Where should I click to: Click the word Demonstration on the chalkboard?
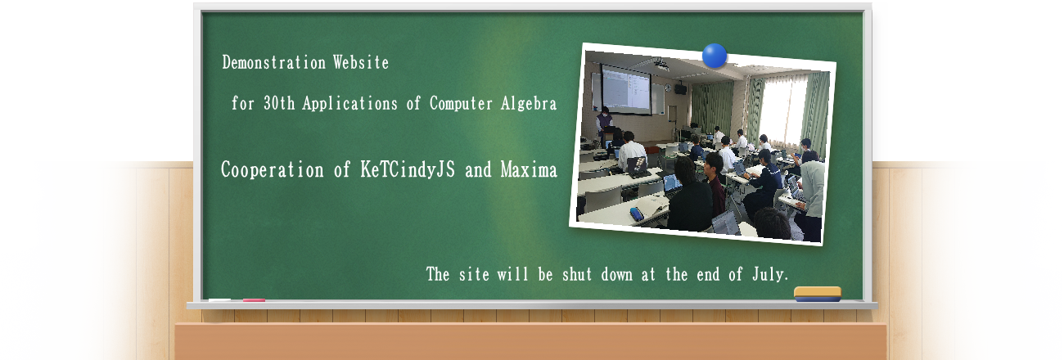[273, 62]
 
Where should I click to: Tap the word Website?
[361, 62]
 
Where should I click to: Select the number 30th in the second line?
[279, 103]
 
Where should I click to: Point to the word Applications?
[349, 104]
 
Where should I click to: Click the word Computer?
[461, 104]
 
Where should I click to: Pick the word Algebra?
[528, 104]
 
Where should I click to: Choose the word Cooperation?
[273, 169]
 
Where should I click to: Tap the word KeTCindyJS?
[408, 169]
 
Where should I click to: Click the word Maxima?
[529, 169]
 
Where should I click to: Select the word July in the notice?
[769, 274]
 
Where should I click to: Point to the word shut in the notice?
[577, 274]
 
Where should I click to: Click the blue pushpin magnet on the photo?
[715, 56]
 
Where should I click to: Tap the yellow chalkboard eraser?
[818, 294]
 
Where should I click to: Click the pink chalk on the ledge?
[254, 300]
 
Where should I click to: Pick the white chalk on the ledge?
[219, 300]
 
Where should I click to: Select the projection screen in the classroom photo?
[626, 89]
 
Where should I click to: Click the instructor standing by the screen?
[604, 124]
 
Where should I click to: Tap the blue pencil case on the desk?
[637, 214]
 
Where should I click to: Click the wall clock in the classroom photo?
[668, 88]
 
